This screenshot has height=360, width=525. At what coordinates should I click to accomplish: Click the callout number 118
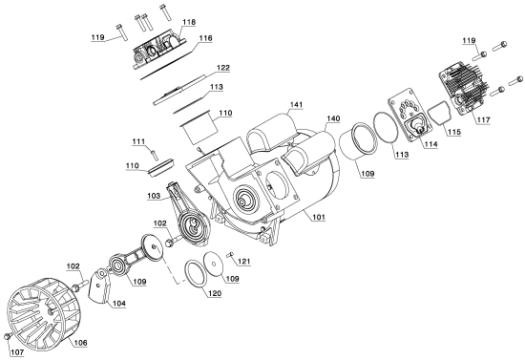coord(189,22)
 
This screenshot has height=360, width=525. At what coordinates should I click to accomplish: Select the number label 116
coord(205,39)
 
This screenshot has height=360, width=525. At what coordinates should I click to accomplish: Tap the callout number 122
coord(222,68)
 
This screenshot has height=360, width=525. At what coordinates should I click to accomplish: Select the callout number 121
coord(244,261)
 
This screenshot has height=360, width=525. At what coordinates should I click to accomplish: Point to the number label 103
coord(154,194)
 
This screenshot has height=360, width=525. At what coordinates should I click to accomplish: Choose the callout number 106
coord(80,341)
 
